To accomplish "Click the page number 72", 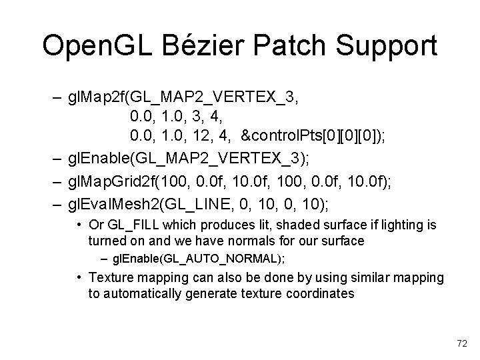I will point(461,343).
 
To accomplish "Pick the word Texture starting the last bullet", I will point(112,277).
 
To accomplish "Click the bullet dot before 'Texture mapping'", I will point(79,277).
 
